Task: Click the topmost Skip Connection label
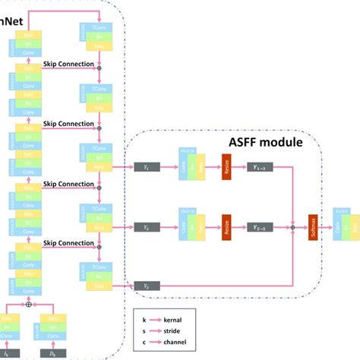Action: (x=68, y=63)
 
